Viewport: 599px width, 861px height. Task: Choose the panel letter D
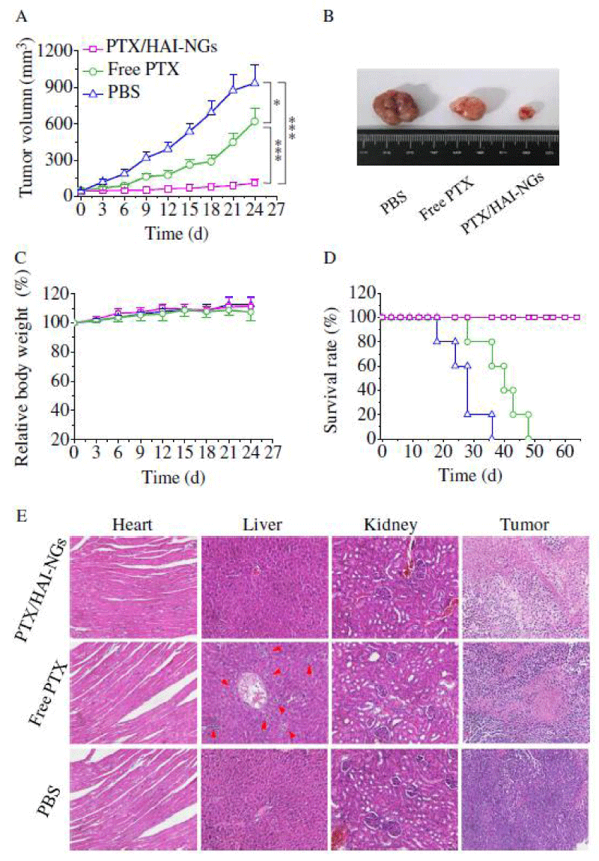[327, 261]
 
